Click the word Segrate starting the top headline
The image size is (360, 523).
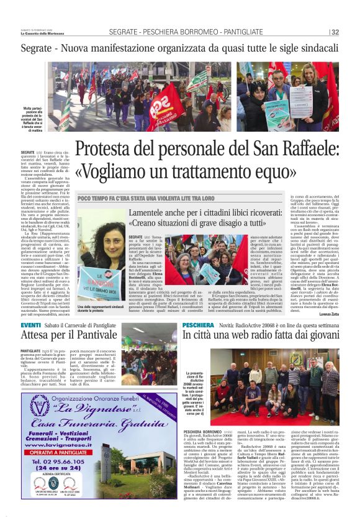pos(37,47)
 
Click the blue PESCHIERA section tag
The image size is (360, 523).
pos(198,325)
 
